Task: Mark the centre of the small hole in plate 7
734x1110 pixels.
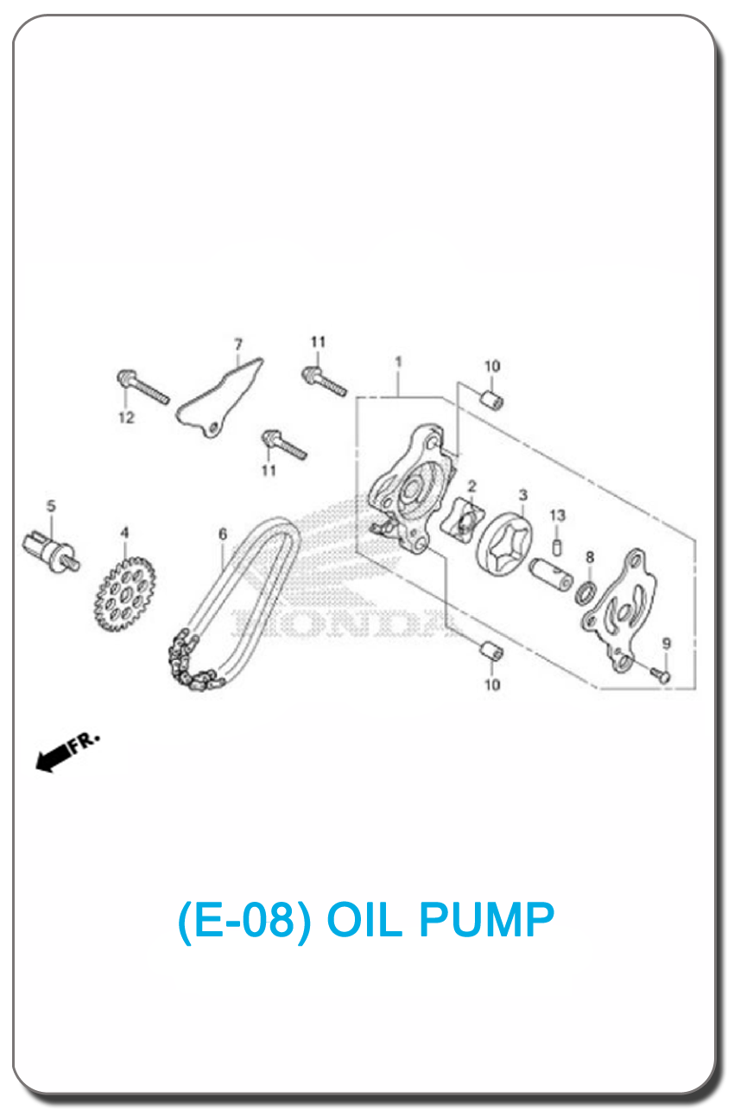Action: tap(214, 427)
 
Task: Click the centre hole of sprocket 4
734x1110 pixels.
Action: tap(124, 594)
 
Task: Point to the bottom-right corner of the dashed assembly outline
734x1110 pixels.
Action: tap(695, 688)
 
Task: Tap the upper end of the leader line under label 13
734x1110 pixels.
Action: tap(557, 525)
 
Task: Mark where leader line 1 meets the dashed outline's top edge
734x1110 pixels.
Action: tap(399, 397)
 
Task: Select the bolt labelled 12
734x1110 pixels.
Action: tap(143, 387)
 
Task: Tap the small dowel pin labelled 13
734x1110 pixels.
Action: tap(557, 548)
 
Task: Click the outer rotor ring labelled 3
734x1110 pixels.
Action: tap(505, 546)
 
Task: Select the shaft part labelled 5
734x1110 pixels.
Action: tap(51, 550)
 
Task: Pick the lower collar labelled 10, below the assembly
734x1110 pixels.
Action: tap(492, 650)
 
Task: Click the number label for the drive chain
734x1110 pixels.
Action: tap(223, 534)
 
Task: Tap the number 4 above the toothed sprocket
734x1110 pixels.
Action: tap(125, 533)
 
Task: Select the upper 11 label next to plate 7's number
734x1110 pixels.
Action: tap(318, 342)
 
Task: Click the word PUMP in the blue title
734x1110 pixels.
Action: tap(486, 920)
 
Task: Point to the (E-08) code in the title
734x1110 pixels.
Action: tap(244, 921)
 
